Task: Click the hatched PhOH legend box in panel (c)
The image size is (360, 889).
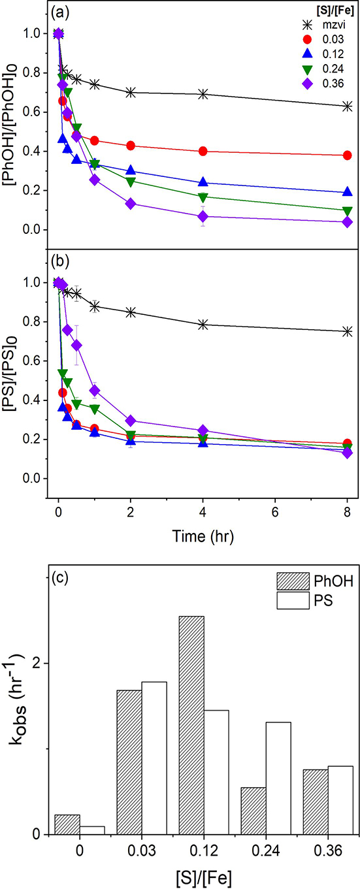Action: (x=293, y=581)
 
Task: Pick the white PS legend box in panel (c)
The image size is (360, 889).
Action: (x=293, y=600)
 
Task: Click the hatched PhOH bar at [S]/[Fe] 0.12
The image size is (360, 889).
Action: (x=191, y=725)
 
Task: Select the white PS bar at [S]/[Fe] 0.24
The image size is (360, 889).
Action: (x=278, y=778)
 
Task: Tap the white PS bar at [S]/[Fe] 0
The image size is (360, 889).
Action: (x=92, y=830)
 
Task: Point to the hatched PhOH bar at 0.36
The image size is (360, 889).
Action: (x=316, y=801)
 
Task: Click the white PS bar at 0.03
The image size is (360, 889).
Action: (x=154, y=758)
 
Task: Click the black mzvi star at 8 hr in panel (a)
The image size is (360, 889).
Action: (x=348, y=106)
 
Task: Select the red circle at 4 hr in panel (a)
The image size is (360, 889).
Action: (x=203, y=151)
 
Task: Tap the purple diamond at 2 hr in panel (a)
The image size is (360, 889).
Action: (x=131, y=204)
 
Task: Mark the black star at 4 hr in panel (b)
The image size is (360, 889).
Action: (x=203, y=325)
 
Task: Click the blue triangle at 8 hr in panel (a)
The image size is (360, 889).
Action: (x=348, y=191)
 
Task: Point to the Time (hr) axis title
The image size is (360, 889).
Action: (x=203, y=536)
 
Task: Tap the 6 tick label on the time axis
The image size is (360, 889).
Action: (x=275, y=512)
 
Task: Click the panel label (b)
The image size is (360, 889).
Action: (x=60, y=261)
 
